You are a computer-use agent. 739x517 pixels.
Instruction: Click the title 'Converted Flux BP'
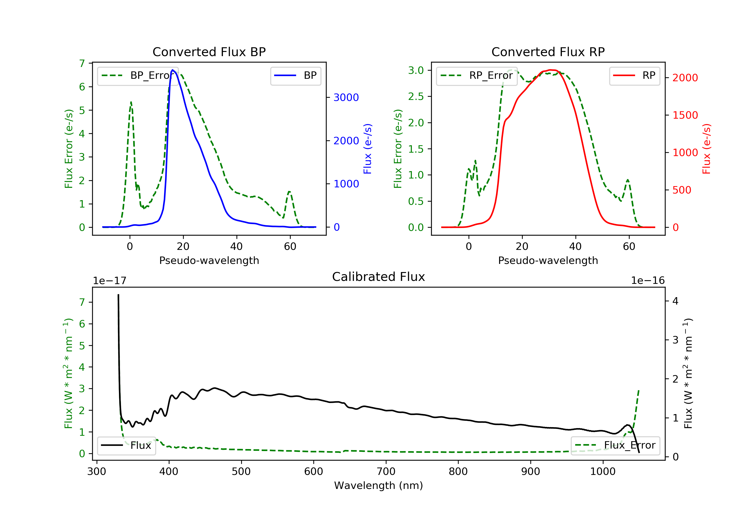[209, 52]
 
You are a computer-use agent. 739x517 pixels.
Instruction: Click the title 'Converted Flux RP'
[548, 52]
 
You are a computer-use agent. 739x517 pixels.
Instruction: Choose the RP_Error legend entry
[477, 76]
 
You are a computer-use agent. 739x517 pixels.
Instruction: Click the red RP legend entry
[634, 76]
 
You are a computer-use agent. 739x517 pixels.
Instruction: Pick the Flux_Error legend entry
[615, 445]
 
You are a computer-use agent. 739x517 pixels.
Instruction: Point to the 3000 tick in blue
[346, 97]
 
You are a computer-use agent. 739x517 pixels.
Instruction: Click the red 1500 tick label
[685, 115]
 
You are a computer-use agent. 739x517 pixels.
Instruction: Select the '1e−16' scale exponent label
[648, 281]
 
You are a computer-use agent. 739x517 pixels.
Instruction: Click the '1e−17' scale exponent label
[109, 281]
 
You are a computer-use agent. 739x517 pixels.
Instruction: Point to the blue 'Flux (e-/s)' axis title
[368, 149]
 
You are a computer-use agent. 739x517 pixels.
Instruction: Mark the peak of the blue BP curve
[172, 70]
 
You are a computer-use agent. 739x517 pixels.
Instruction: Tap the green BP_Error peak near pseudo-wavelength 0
[131, 102]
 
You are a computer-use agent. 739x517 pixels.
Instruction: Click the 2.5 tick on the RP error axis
[416, 97]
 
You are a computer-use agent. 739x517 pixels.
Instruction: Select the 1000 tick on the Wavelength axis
[603, 472]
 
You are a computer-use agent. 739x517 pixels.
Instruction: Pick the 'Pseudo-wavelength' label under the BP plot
[209, 260]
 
